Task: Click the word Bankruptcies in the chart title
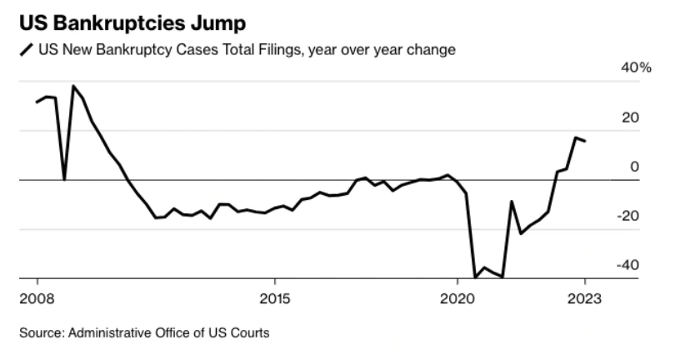click(x=111, y=19)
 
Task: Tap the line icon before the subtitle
click(x=25, y=51)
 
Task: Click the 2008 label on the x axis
click(x=37, y=297)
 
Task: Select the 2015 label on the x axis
click(x=274, y=297)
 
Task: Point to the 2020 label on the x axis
click(x=457, y=297)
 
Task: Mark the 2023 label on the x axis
click(x=583, y=297)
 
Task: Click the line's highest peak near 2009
click(x=73, y=86)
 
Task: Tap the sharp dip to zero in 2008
click(x=64, y=178)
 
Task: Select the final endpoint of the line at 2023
click(x=585, y=141)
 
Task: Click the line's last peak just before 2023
click(x=575, y=137)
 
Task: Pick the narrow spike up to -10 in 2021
click(x=512, y=202)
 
